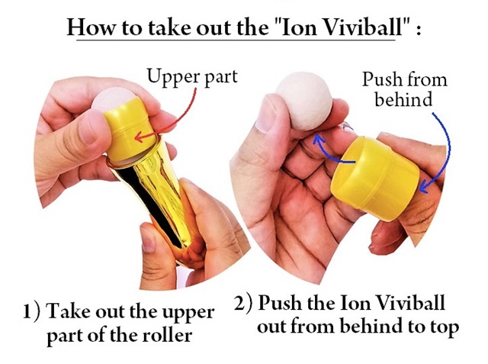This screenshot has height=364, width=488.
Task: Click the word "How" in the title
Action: click(91, 27)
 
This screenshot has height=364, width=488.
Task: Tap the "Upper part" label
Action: click(192, 76)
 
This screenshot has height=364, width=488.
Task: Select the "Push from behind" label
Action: click(405, 89)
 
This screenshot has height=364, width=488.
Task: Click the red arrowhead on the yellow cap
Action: click(139, 137)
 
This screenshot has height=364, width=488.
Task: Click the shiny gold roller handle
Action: click(156, 199)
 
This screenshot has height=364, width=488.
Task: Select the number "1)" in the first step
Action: click(32, 312)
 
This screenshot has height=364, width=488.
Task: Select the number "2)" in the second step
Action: click(242, 303)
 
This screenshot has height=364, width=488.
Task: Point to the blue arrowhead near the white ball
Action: click(317, 140)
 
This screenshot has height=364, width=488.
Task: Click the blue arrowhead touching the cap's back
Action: click(424, 187)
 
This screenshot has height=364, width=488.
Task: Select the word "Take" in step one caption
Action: click(69, 311)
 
